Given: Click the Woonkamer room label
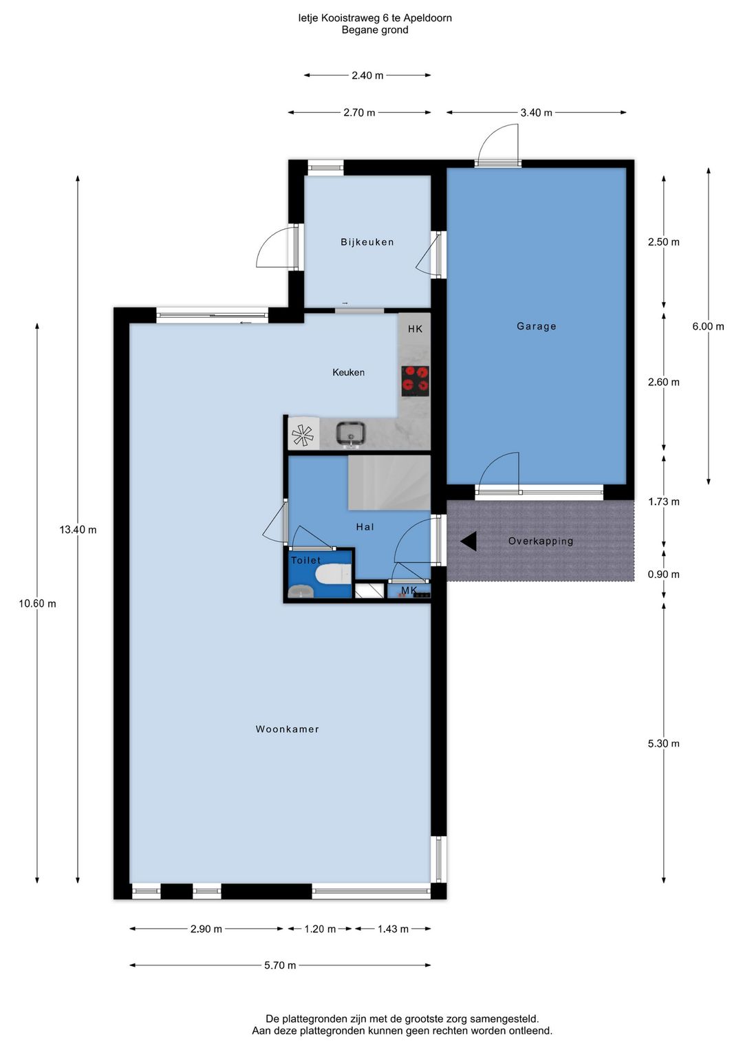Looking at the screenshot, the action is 287,729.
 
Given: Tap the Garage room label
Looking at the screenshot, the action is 537,325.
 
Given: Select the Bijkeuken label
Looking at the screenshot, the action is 367,242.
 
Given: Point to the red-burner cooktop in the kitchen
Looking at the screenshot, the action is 416,381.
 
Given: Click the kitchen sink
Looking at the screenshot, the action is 351,433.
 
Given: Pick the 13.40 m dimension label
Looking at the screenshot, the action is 78,530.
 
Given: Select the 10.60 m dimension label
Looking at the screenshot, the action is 37,603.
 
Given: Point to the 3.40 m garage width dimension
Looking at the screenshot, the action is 537,113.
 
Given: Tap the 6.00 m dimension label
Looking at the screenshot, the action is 708,326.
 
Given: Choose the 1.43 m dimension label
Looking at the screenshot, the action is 393,929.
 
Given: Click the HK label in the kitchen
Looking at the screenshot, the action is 415,329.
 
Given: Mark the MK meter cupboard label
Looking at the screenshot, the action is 409,590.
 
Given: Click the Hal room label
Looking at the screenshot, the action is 365,527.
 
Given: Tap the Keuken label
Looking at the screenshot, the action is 348,372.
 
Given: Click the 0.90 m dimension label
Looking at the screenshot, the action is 663,575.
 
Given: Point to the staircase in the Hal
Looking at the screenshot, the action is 389,482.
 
